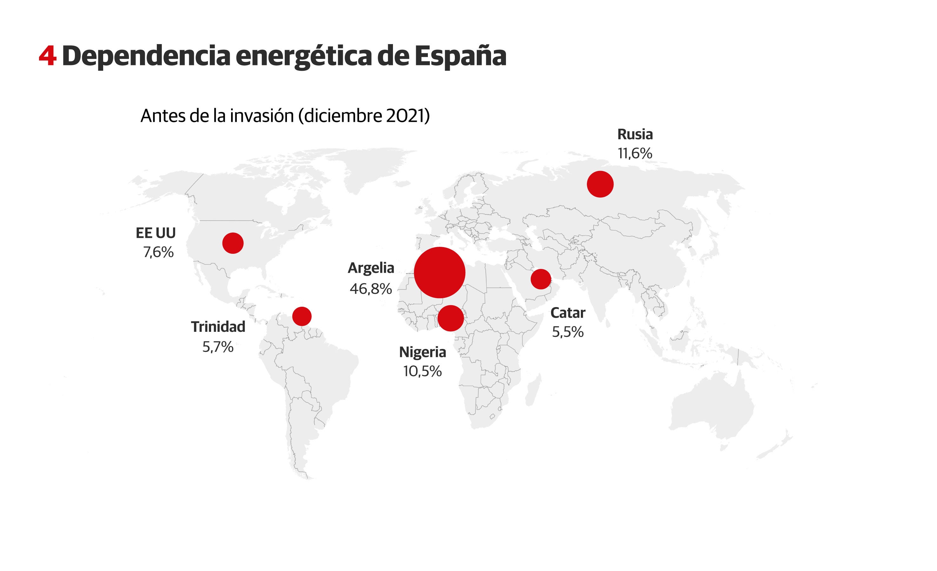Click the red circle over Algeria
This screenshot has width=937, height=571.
coord(439,272)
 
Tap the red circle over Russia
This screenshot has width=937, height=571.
coord(600,184)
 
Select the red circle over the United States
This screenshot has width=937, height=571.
coord(233,243)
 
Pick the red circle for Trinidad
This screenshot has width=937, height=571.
coord(302,316)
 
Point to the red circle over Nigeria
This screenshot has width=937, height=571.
coord(451,318)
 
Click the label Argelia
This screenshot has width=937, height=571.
coord(371,268)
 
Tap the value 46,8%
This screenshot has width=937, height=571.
coord(371,289)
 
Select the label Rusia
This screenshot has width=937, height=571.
coord(635,134)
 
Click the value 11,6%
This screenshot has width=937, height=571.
coord(635,154)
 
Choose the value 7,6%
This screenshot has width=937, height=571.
coord(158,252)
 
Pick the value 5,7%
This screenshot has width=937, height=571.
coord(218,347)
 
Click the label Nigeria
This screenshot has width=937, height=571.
coord(422,352)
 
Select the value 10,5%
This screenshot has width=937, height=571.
coord(422,371)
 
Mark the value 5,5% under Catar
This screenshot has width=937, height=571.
coord(568,332)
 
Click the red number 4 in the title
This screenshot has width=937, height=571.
coord(48,56)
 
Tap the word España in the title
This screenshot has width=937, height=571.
coord(460,56)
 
